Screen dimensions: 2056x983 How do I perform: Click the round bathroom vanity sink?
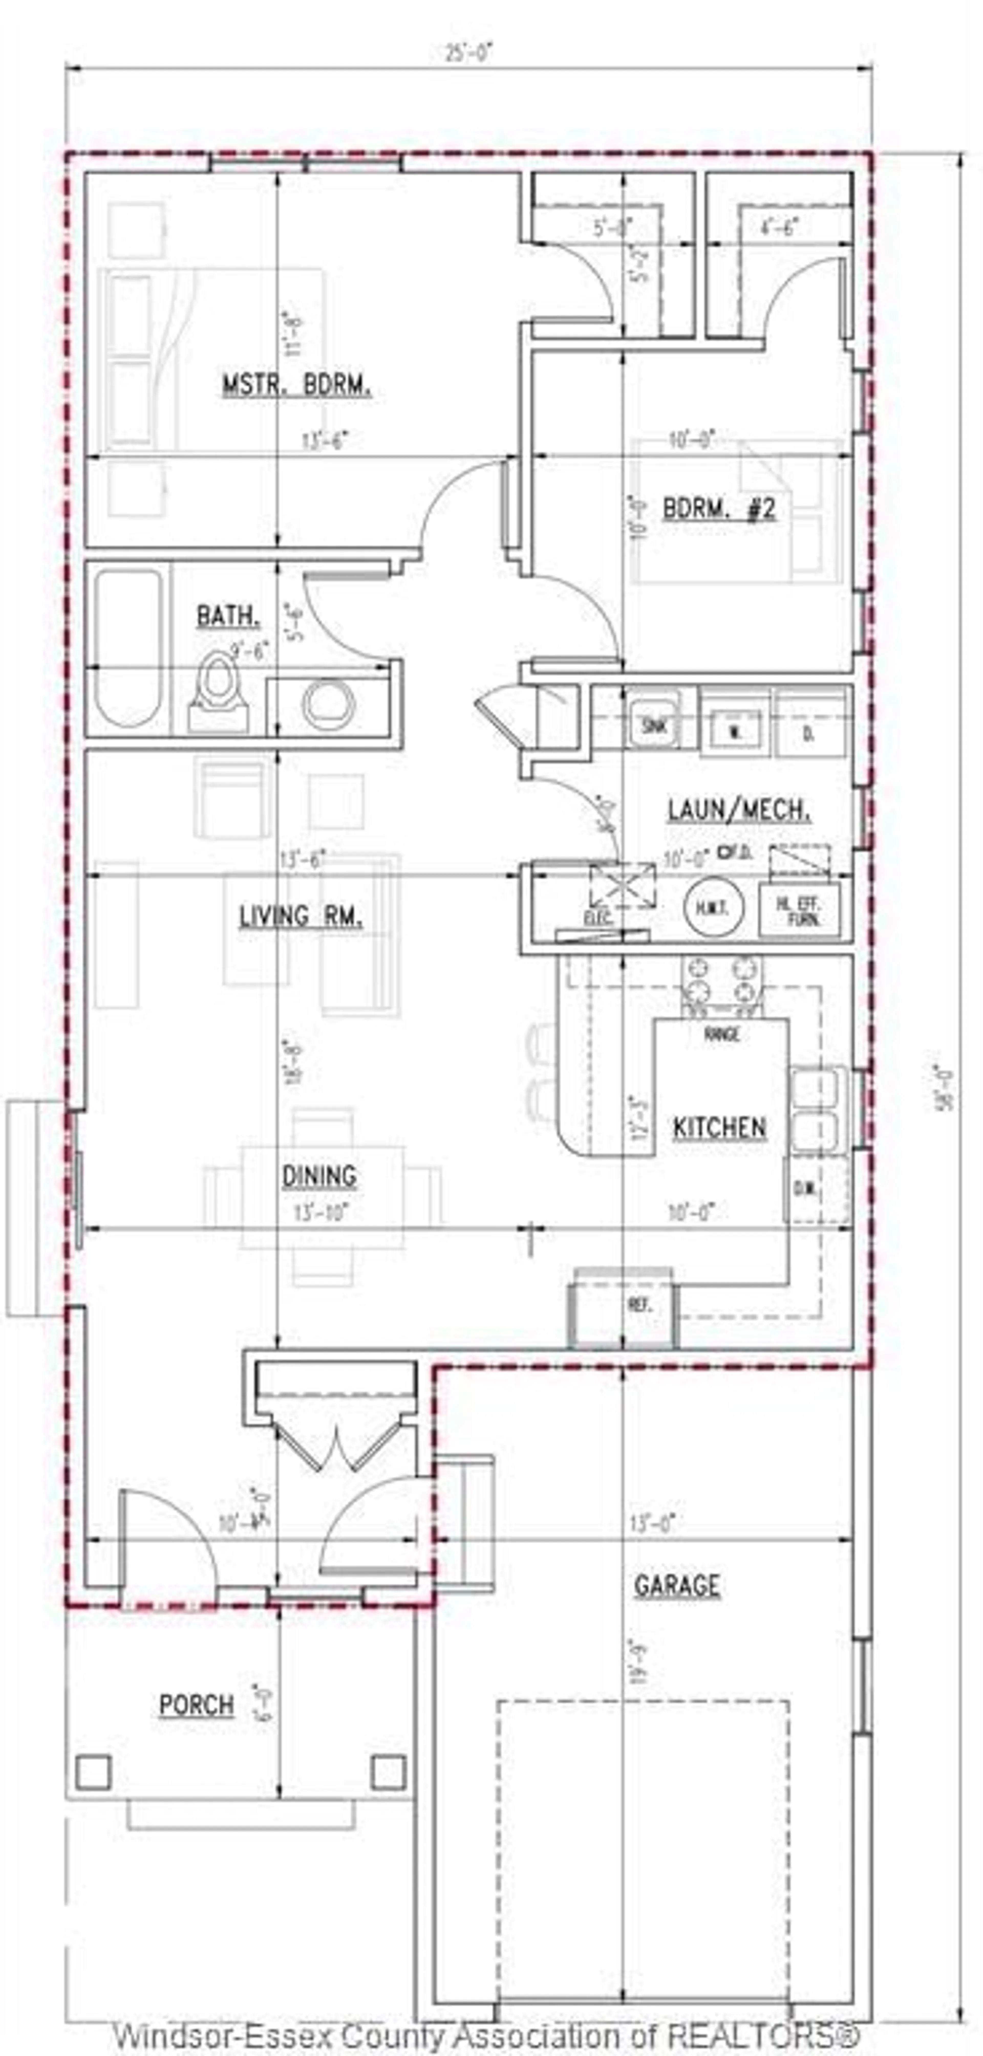click(328, 704)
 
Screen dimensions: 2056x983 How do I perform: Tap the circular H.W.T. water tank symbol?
click(714, 907)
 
